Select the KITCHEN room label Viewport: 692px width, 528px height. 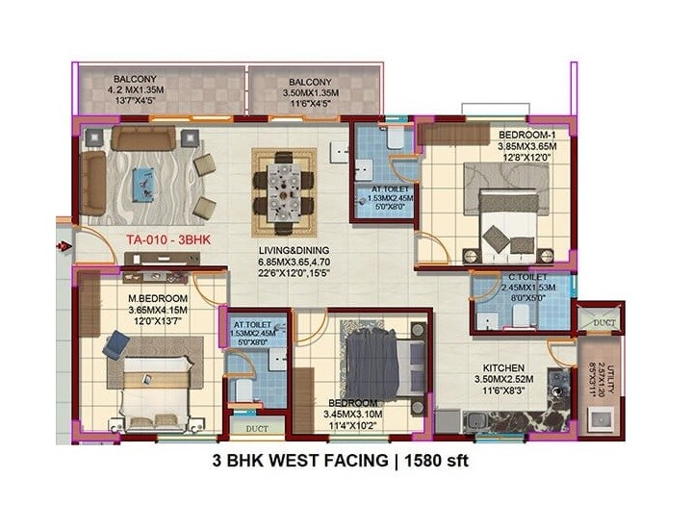point(503,367)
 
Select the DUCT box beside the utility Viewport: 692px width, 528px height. point(603,323)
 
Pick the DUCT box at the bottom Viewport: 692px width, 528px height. point(257,428)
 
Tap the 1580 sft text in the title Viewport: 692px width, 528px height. point(431,462)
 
